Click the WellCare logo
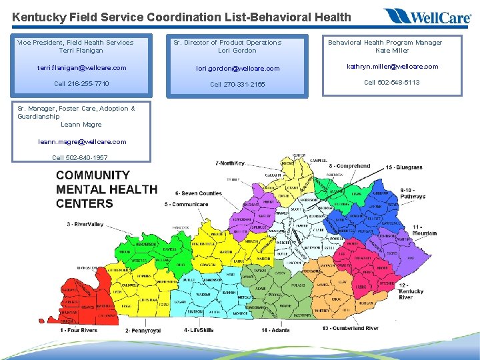[x=427, y=16]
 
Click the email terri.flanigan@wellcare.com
[x=82, y=68]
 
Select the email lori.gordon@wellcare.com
[x=237, y=69]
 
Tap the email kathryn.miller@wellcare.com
[x=392, y=67]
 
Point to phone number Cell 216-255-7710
[x=82, y=84]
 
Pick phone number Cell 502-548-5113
[x=392, y=83]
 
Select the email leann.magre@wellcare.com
[x=82, y=141]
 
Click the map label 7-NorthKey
[x=230, y=163]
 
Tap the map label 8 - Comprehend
[x=349, y=166]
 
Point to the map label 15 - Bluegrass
[x=404, y=167]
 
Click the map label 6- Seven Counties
[x=199, y=194]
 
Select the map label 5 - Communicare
[x=186, y=205]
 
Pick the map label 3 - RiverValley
[x=85, y=225]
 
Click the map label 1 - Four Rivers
[x=79, y=330]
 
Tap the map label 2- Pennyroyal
[x=143, y=331]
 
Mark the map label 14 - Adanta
[x=275, y=330]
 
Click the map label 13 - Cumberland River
[x=350, y=328]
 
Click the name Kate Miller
[x=392, y=50]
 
